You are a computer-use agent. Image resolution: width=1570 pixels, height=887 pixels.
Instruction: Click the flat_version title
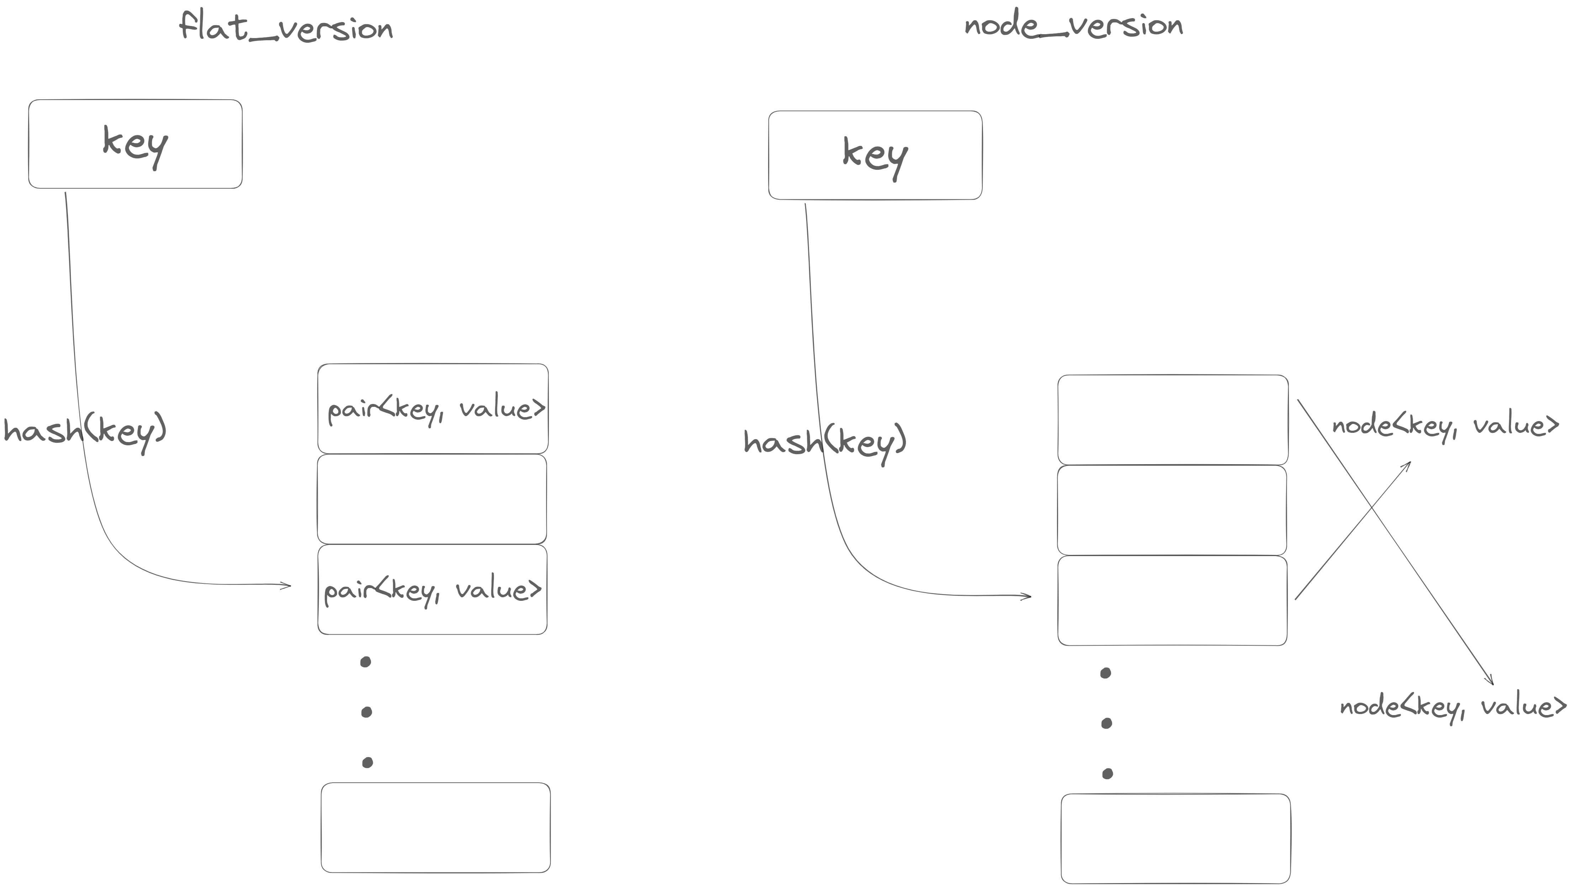pyautogui.click(x=286, y=27)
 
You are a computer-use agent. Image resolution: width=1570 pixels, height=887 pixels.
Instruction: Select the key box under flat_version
pyautogui.click(x=135, y=144)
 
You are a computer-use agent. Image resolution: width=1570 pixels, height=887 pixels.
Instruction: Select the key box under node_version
pyautogui.click(x=875, y=155)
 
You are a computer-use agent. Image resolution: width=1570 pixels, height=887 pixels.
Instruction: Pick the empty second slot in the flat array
pyautogui.click(x=432, y=499)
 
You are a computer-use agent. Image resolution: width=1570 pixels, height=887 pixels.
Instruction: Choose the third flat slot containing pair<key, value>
pyautogui.click(x=432, y=589)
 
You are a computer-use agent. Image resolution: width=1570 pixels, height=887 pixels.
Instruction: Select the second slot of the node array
pyautogui.click(x=1172, y=510)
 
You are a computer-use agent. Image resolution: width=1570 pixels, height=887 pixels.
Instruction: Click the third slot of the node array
pyautogui.click(x=1172, y=600)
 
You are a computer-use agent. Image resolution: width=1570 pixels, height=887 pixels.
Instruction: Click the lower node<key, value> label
pyautogui.click(x=1452, y=707)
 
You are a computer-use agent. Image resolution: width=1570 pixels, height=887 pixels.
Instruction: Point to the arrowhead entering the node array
pyautogui.click(x=1027, y=596)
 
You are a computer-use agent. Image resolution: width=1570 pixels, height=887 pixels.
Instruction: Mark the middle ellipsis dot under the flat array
pyautogui.click(x=366, y=712)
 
